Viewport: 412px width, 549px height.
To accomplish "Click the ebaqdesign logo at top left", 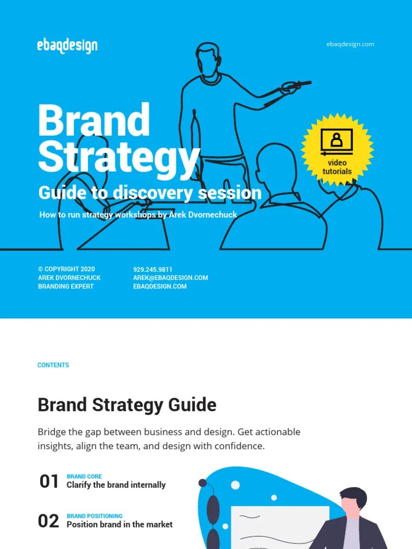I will pyautogui.click(x=68, y=46).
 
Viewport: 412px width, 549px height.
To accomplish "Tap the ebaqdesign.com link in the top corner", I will pyautogui.click(x=350, y=44).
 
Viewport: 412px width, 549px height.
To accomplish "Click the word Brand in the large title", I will pyautogui.click(x=94, y=121).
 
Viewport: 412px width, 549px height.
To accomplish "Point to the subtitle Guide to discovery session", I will pyautogui.click(x=150, y=192).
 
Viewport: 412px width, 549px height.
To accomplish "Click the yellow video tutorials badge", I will pyautogui.click(x=337, y=150).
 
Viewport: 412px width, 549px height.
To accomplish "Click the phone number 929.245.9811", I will pyautogui.click(x=152, y=269).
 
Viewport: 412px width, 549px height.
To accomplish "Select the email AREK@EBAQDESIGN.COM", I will pyautogui.click(x=170, y=278).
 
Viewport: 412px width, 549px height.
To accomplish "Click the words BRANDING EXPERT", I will pyautogui.click(x=65, y=286).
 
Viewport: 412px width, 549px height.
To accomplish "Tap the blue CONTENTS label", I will pyautogui.click(x=53, y=365).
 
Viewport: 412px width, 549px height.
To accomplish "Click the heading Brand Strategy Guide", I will pyautogui.click(x=127, y=405).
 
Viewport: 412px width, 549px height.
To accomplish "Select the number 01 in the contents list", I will pyautogui.click(x=49, y=481).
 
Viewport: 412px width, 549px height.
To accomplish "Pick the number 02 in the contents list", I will pyautogui.click(x=48, y=521).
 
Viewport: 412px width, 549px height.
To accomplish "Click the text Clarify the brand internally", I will pyautogui.click(x=116, y=485).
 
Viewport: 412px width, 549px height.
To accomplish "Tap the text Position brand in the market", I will pyautogui.click(x=119, y=524).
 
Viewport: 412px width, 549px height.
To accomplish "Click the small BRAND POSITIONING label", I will pyautogui.click(x=94, y=516).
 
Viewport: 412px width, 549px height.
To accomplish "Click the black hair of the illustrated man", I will pyautogui.click(x=354, y=495).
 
